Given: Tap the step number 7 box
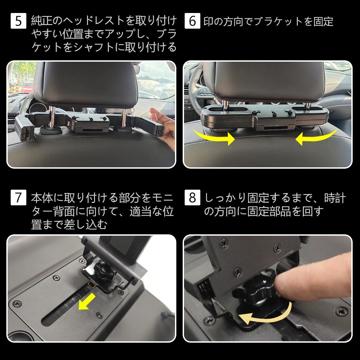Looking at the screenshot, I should tap(18, 198).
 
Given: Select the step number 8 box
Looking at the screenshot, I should tap(192, 198).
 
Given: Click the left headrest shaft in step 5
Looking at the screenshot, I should tap(53, 115).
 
